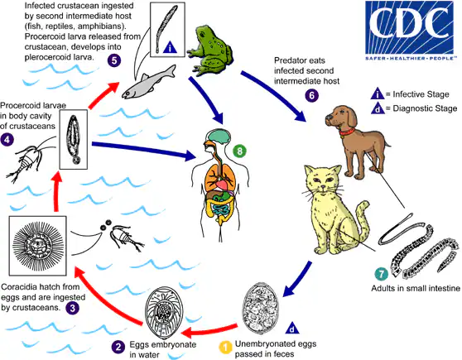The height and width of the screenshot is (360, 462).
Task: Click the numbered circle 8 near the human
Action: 238,127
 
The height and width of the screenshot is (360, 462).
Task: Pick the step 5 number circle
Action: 113,60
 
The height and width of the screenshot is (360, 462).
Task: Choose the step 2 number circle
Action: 118,345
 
